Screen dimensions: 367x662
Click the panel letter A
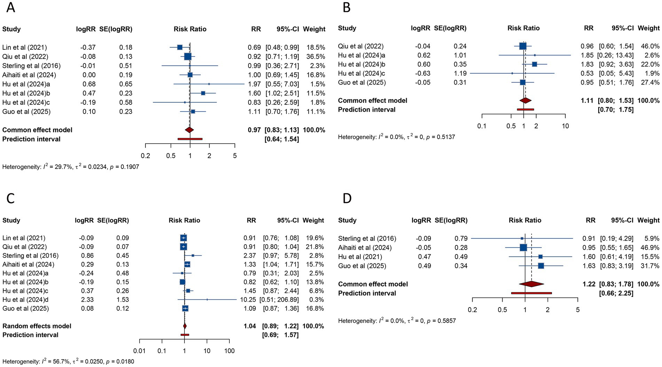click(10, 7)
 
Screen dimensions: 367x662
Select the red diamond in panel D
click(531, 284)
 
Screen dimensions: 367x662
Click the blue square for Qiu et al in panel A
click(188, 56)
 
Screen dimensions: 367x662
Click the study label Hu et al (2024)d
click(25, 300)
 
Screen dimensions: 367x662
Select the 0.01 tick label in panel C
click(140, 351)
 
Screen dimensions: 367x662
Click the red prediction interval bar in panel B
click(525, 110)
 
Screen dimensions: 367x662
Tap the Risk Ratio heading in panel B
click(523, 28)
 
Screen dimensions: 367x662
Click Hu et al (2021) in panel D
click(360, 257)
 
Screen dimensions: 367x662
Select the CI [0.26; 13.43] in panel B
click(615, 55)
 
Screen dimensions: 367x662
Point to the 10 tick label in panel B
click(565, 126)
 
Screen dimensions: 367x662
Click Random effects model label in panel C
click(37, 326)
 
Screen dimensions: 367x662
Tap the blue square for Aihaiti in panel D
click(523, 248)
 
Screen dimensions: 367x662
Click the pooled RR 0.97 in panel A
click(254, 130)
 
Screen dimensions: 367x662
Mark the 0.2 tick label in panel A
click(145, 155)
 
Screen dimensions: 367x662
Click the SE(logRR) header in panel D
click(451, 220)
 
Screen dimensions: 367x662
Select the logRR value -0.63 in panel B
click(423, 73)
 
